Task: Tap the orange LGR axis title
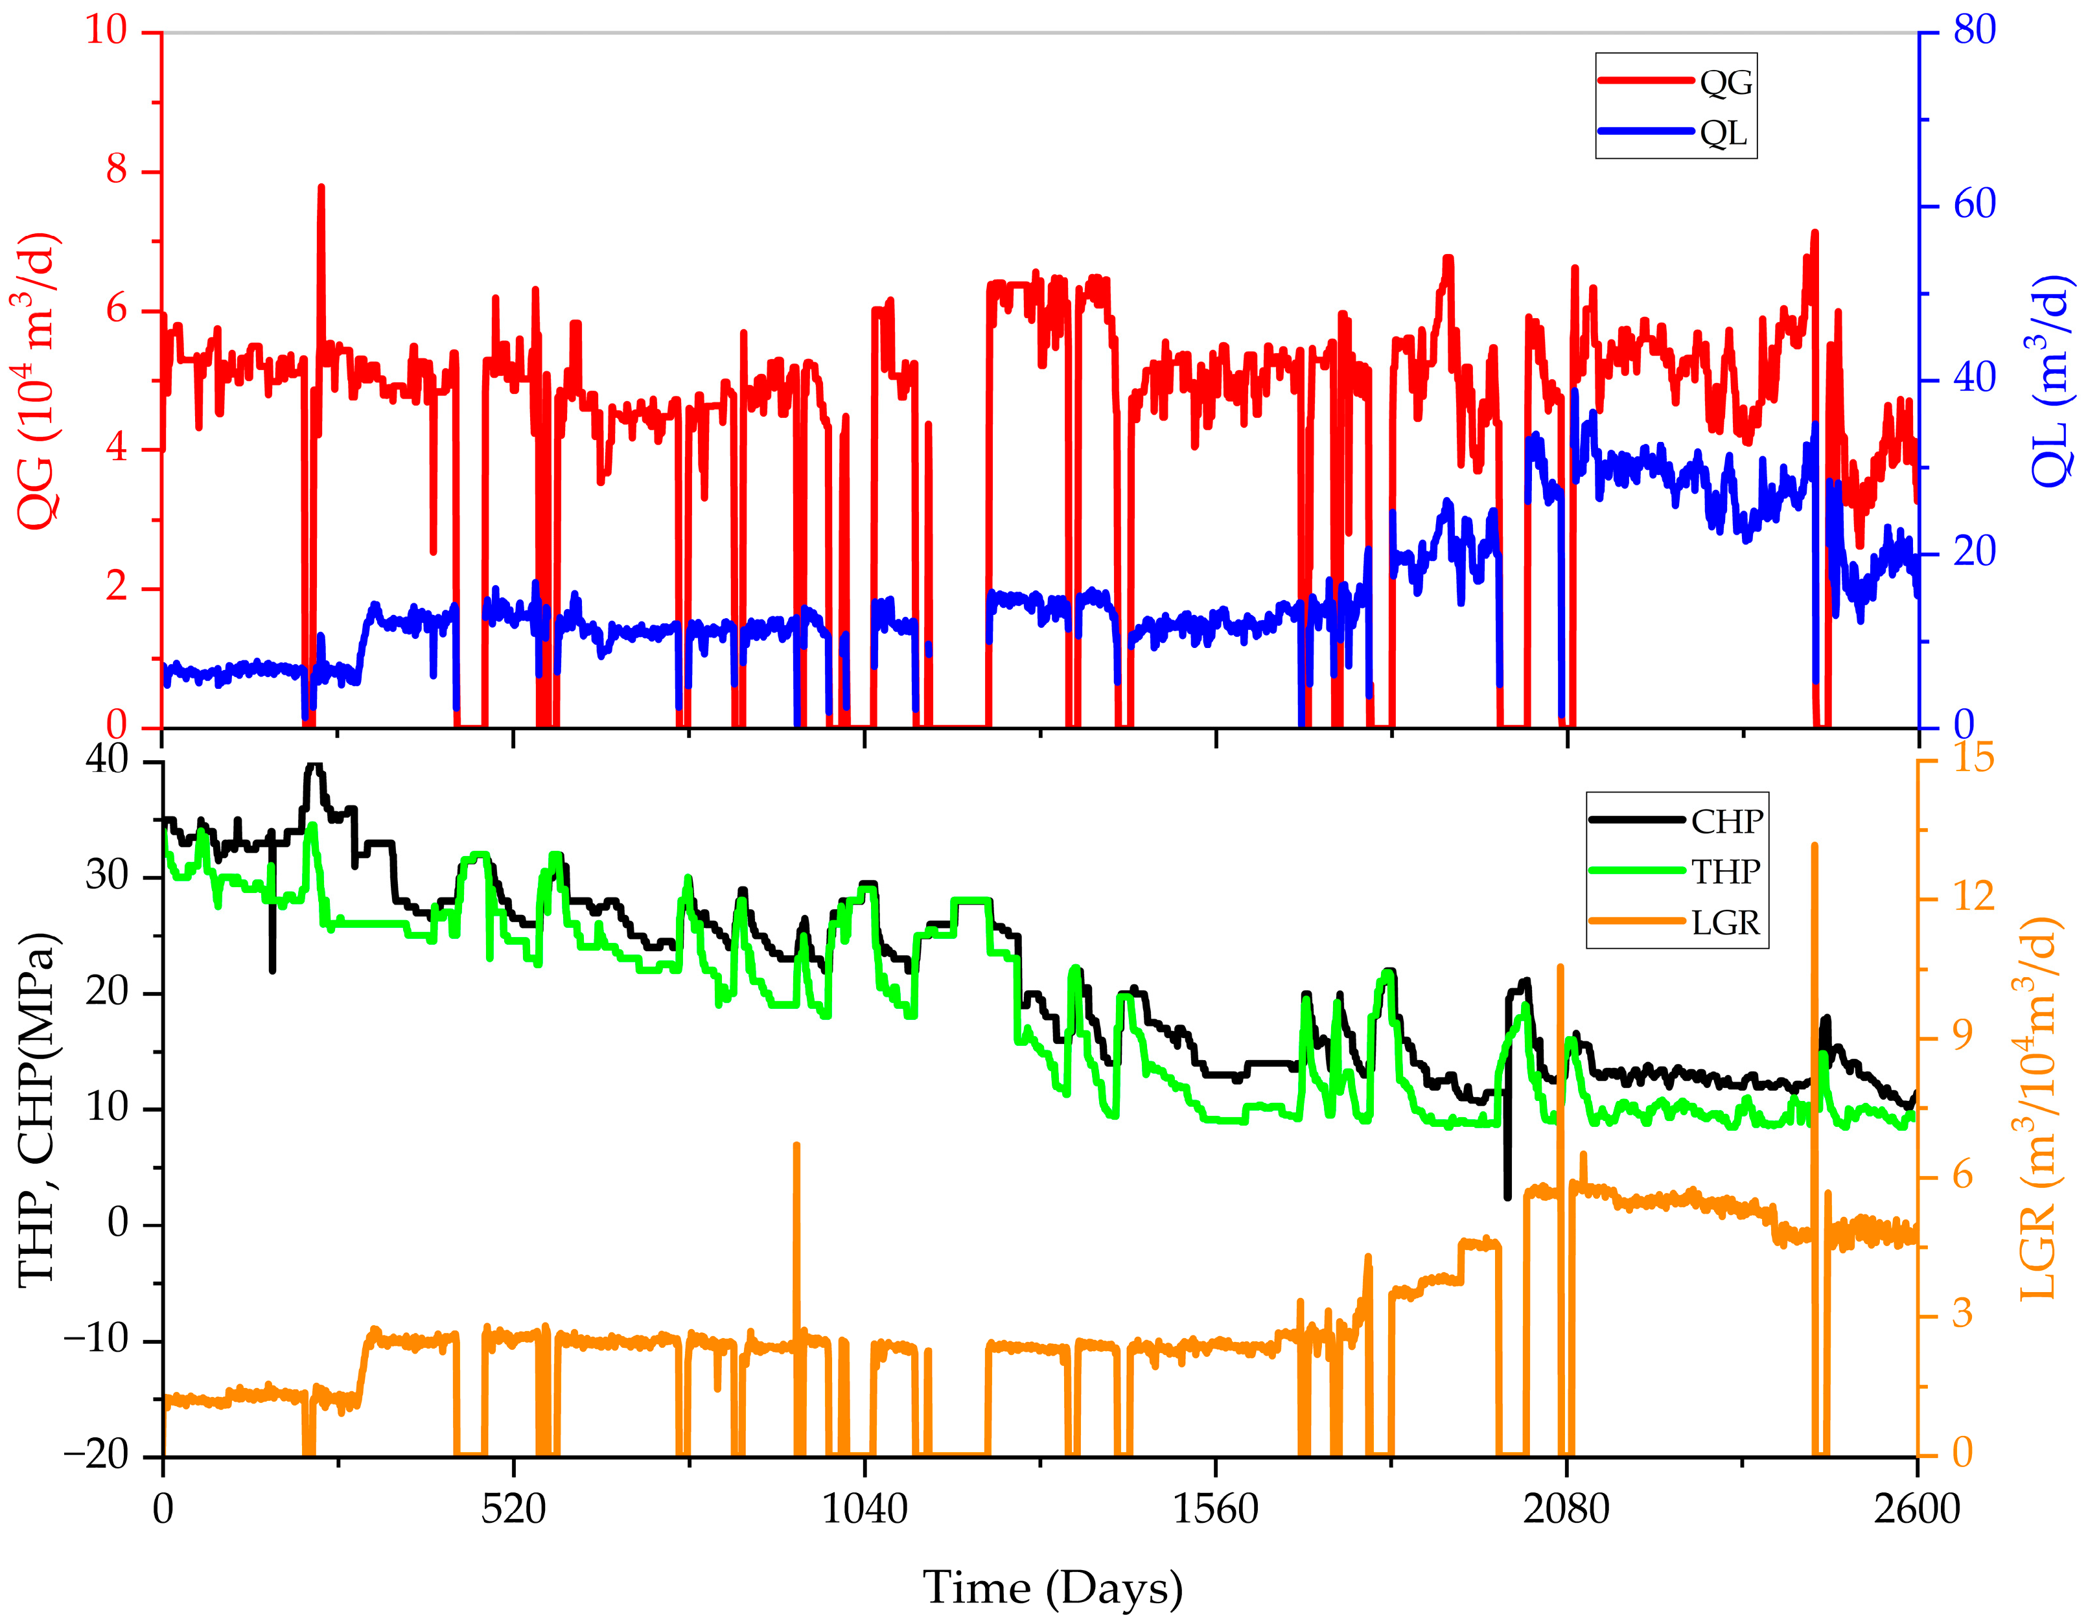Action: pyautogui.click(x=2039, y=1109)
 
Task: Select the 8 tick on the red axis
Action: pyautogui.click(x=117, y=170)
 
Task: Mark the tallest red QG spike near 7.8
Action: pyautogui.click(x=321, y=189)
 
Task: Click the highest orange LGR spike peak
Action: pyautogui.click(x=1815, y=846)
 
